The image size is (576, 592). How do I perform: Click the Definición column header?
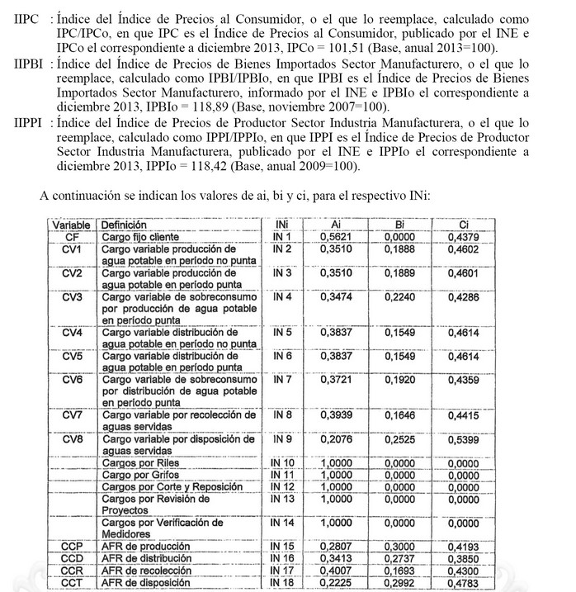[125, 224]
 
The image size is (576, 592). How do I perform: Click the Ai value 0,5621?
[335, 236]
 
